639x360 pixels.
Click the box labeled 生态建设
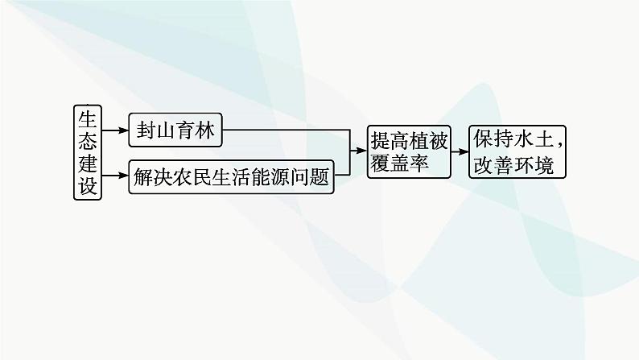point(87,152)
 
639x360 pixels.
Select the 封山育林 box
point(175,130)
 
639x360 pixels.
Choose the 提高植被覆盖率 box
point(407,151)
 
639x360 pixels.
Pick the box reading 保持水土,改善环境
point(514,151)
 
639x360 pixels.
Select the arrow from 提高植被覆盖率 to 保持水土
point(460,151)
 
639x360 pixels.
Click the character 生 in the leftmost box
point(87,118)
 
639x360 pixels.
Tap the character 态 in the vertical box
point(87,140)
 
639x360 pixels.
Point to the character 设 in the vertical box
point(87,187)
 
